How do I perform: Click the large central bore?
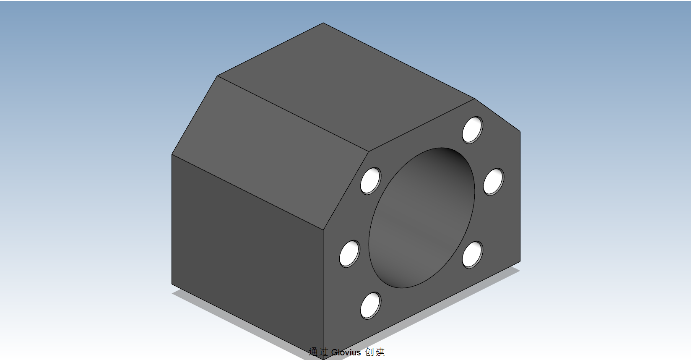pos(421,218)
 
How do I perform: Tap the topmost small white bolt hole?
pos(472,130)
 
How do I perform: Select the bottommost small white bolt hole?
pos(370,305)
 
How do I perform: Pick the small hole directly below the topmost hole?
pos(493,181)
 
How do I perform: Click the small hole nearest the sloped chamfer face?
pos(370,180)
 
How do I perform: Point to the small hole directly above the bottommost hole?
pos(349,254)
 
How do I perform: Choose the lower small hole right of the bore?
pos(472,254)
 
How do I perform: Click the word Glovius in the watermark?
pos(346,352)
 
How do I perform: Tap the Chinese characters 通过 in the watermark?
pos(318,352)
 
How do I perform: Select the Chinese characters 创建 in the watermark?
pos(375,352)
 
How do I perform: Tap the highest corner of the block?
pos(323,23)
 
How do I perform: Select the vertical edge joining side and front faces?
pos(323,294)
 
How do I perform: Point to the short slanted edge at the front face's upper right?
pos(497,115)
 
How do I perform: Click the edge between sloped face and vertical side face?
pos(247,192)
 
